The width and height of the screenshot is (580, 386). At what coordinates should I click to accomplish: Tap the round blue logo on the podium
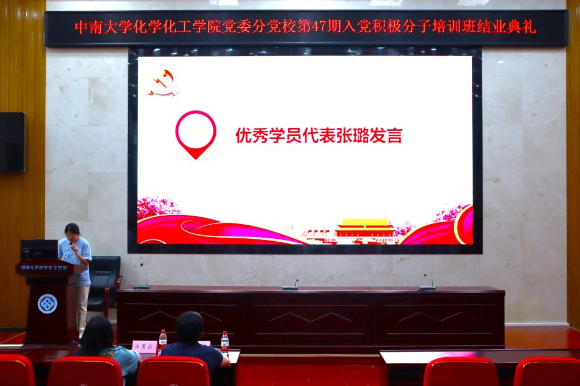[47, 303]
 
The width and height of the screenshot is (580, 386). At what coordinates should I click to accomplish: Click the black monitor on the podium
[39, 249]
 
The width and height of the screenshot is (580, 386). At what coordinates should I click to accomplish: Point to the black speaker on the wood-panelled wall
[12, 141]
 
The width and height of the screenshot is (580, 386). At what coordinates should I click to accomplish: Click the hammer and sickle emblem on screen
[164, 83]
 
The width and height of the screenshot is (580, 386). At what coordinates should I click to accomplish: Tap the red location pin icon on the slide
[195, 134]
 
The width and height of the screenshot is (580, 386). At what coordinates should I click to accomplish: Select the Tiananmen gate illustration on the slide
[364, 230]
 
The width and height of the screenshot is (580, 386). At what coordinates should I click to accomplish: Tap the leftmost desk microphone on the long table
[143, 278]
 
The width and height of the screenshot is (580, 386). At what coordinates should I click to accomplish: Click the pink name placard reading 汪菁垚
[143, 346]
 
